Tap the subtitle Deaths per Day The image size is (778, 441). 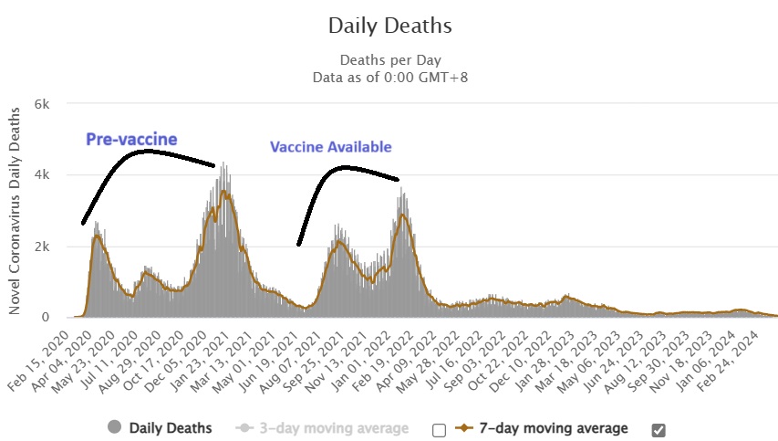[x=389, y=60]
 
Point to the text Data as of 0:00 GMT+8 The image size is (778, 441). [x=389, y=77]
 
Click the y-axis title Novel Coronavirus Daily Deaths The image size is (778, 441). [x=16, y=209]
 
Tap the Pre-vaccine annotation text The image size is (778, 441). [x=131, y=139]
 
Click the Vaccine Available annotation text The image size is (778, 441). [x=330, y=147]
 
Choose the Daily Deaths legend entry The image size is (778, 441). [x=171, y=427]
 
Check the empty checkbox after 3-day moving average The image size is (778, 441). [x=440, y=429]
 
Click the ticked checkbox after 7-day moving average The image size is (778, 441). [x=659, y=429]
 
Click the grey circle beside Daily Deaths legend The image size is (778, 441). [x=114, y=427]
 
